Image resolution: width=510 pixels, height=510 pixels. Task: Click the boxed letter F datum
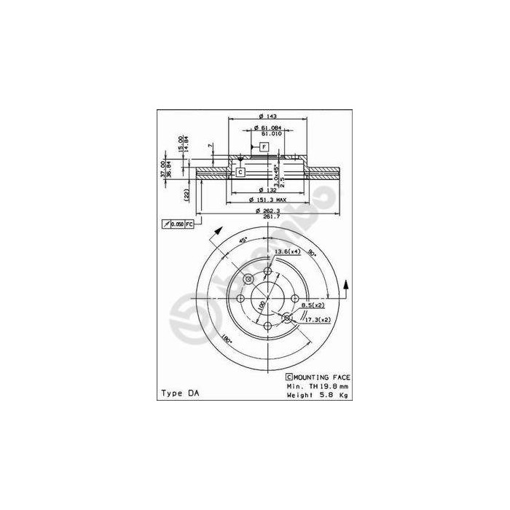click(264, 147)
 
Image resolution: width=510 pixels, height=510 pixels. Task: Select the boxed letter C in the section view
click(240, 172)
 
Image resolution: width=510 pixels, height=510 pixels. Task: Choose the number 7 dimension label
click(211, 147)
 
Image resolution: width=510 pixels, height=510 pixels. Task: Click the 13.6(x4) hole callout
click(288, 251)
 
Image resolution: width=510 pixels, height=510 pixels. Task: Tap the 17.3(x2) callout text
click(318, 320)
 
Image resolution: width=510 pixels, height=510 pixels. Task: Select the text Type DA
click(178, 393)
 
